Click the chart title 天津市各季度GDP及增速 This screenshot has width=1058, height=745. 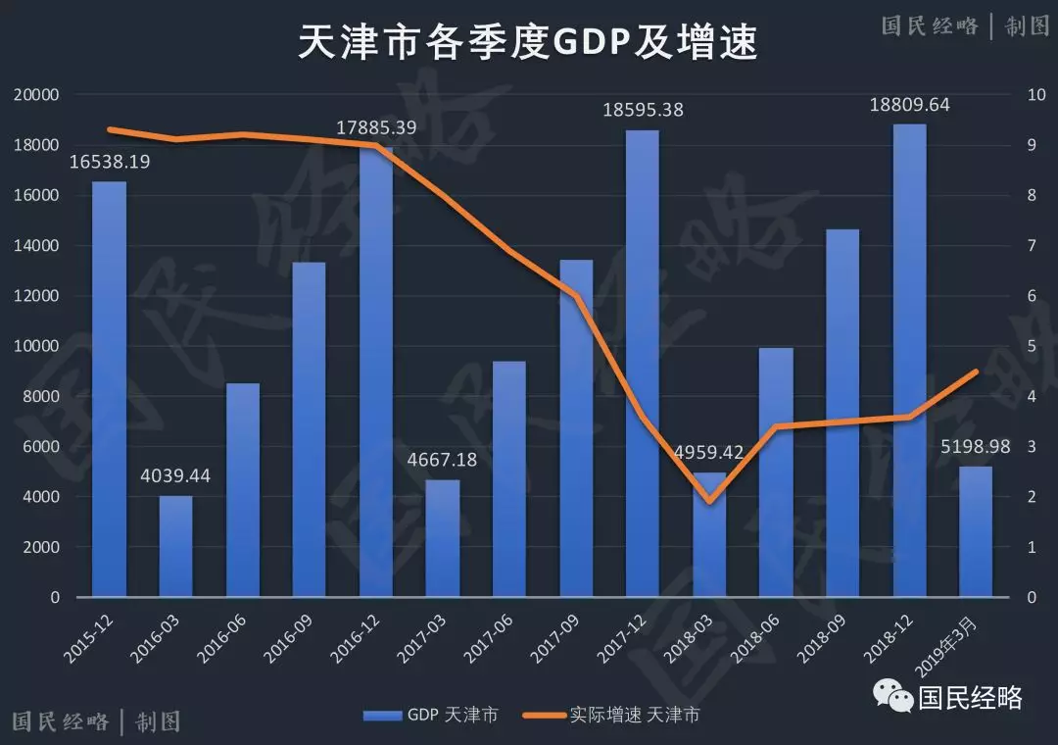pyautogui.click(x=528, y=44)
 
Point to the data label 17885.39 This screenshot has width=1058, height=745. pyautogui.click(x=376, y=127)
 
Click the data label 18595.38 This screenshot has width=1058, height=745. pyautogui.click(x=643, y=110)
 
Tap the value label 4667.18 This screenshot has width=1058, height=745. pyautogui.click(x=443, y=459)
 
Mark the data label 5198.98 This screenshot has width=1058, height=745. pyautogui.click(x=976, y=446)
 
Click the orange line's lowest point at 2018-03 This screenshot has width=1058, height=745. pyautogui.click(x=709, y=501)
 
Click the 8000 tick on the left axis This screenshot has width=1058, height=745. pyautogui.click(x=40, y=397)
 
